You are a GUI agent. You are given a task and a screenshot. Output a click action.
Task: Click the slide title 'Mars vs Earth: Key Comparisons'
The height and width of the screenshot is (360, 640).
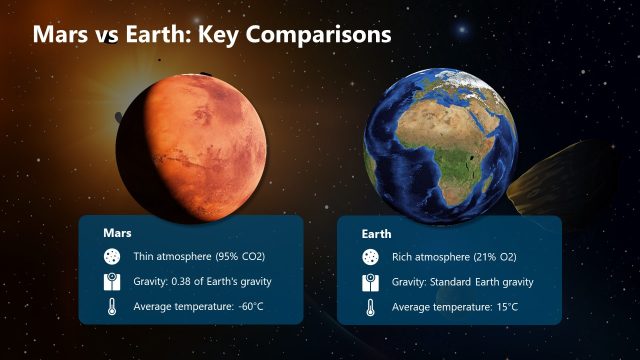coord(212,34)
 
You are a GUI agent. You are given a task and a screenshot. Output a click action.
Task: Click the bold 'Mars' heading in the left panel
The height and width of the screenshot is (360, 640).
coord(118,232)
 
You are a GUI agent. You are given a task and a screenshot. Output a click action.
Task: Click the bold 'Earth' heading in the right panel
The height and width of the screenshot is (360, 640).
coord(376,233)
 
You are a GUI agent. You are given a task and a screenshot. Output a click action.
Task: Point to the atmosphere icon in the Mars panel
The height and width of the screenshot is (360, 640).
coord(112,256)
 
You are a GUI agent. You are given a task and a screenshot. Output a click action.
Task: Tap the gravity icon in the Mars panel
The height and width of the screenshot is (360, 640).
coord(112,281)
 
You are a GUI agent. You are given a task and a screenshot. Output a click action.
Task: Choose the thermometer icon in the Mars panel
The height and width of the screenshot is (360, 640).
coord(112,306)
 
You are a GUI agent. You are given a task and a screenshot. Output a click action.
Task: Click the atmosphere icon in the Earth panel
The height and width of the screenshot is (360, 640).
coord(370,257)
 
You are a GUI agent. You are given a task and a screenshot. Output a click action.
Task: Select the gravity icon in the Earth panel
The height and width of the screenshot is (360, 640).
coord(370,282)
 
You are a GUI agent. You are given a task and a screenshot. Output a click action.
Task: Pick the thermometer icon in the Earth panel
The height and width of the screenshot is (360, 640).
coord(370,307)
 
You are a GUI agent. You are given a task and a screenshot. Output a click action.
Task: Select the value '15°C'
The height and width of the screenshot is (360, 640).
coord(508,307)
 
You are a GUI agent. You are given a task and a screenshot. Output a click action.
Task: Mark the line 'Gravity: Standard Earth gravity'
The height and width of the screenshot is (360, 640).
coord(463,282)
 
